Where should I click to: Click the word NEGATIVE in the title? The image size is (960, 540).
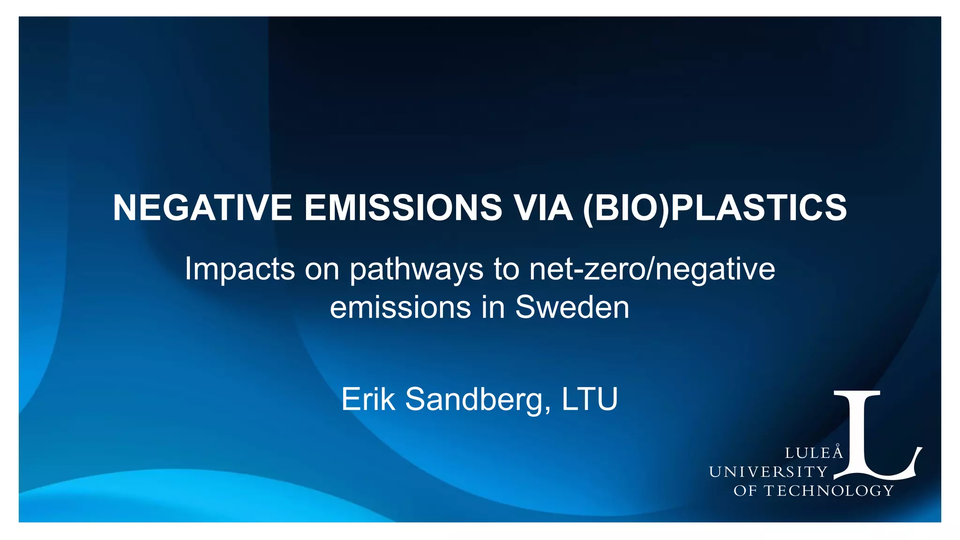[202, 208]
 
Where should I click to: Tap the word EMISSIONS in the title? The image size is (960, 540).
[403, 208]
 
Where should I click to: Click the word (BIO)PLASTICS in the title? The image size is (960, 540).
[715, 208]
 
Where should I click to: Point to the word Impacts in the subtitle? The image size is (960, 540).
[240, 269]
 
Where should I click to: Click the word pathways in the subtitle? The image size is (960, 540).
[416, 270]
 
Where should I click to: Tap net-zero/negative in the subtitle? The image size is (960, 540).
[652, 270]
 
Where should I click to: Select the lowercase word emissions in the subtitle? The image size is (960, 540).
[400, 307]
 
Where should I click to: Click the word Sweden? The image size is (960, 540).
[572, 307]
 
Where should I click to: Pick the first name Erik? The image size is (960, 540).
[368, 399]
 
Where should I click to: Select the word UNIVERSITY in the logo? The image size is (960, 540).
[768, 472]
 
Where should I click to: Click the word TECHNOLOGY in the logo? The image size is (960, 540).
[829, 491]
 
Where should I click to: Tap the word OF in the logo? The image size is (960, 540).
[745, 491]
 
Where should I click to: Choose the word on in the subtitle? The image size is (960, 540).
[322, 270]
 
